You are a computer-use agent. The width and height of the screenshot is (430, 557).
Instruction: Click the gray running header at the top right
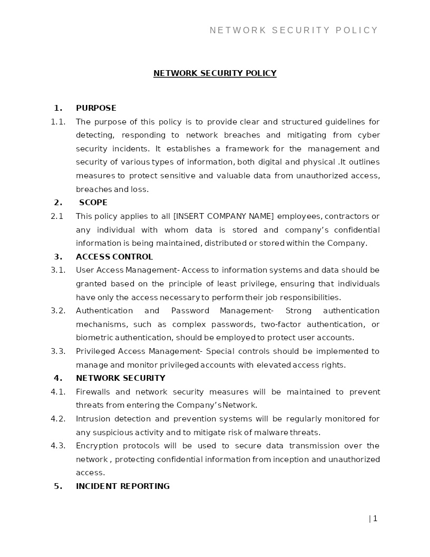pyautogui.click(x=294, y=31)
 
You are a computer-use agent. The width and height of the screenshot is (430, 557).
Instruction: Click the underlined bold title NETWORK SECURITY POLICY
pyautogui.click(x=214, y=73)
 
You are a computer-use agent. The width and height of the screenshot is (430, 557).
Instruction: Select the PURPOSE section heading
pyautogui.click(x=96, y=108)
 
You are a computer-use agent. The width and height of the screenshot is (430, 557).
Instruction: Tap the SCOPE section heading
pyautogui.click(x=93, y=203)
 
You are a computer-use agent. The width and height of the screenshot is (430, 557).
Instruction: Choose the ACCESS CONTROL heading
pyautogui.click(x=114, y=257)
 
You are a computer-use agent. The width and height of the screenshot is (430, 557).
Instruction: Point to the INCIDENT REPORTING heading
pyautogui.click(x=123, y=486)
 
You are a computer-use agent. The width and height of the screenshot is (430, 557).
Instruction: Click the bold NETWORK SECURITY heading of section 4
pyautogui.click(x=121, y=378)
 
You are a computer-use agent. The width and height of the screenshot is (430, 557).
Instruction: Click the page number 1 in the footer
pyautogui.click(x=375, y=518)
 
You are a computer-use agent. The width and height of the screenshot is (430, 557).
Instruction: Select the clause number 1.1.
pyautogui.click(x=58, y=122)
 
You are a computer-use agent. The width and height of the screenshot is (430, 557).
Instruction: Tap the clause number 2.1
pyautogui.click(x=57, y=216)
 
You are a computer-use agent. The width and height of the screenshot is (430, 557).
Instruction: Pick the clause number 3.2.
pyautogui.click(x=58, y=311)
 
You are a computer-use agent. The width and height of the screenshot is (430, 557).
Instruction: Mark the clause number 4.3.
pyautogui.click(x=58, y=446)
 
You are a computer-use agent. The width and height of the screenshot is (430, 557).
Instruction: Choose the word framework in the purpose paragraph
pyautogui.click(x=246, y=149)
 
